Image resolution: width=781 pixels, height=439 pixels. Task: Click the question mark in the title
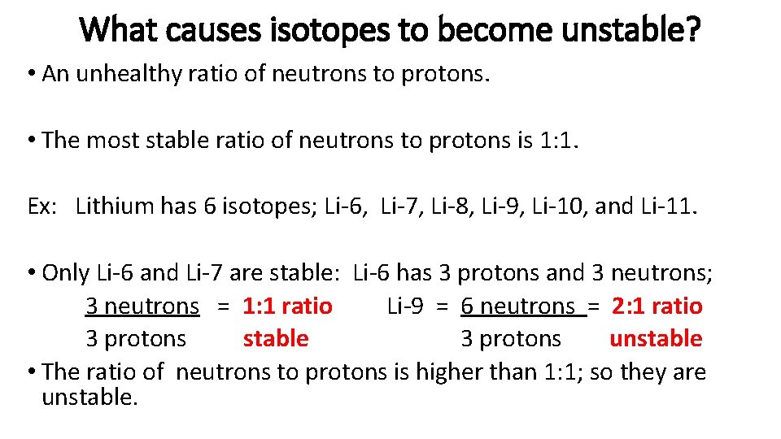(692, 31)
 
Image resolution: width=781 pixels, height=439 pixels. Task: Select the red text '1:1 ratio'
(287, 306)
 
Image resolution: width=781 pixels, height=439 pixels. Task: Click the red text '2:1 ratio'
(657, 306)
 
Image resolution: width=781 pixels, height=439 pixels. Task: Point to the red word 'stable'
(276, 338)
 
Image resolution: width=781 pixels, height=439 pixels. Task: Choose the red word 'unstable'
(656, 338)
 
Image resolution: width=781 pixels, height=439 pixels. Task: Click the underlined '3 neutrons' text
(142, 306)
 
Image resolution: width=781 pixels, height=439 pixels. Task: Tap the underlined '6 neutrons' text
(517, 306)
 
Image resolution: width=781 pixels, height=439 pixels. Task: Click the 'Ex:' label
(41, 206)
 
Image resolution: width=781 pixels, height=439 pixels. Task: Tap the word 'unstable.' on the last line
(89, 398)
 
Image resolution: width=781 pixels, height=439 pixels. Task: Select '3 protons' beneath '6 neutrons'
(511, 338)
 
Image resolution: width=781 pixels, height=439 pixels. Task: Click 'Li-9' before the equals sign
(405, 306)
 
